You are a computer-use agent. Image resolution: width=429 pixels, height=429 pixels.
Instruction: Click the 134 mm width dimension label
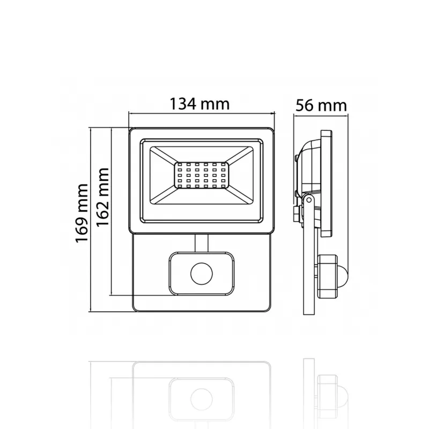pos(199,104)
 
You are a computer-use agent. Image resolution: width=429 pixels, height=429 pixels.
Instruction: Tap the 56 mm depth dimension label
pos(321,105)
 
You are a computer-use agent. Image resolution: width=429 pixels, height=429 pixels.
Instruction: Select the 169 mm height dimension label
pos(82,213)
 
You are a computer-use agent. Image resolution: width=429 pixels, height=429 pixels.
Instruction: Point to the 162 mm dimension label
pos(103,197)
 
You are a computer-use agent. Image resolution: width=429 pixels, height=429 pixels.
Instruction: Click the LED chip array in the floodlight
pos(202,175)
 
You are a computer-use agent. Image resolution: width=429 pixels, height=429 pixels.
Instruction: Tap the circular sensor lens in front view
pos(202,274)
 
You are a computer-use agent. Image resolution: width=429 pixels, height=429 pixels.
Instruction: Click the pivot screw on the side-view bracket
pos(309,200)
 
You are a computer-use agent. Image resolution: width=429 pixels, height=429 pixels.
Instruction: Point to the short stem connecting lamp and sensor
pos(202,243)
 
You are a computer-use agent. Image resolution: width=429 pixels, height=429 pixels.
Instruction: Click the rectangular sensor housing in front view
pos(202,274)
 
